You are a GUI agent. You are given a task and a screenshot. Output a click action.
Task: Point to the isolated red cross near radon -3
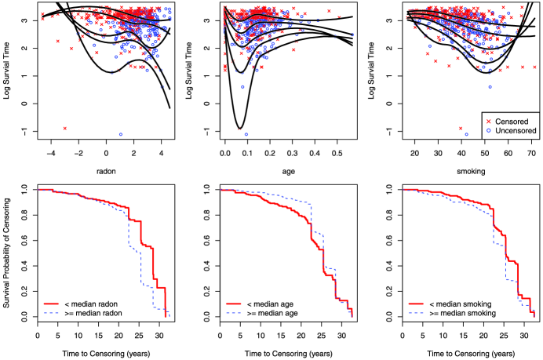(x=65, y=128)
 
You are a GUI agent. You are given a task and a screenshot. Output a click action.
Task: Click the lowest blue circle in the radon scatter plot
(x=121, y=134)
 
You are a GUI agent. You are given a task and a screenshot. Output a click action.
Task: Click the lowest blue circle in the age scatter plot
(x=246, y=134)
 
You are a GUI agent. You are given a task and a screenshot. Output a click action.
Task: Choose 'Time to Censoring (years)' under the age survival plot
(x=286, y=349)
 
